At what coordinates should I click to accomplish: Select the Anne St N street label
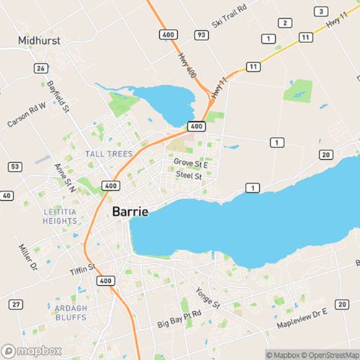click(63, 176)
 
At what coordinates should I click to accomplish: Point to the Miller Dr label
click(26, 257)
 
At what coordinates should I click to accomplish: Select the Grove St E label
click(191, 163)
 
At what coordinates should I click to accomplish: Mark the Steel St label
click(189, 175)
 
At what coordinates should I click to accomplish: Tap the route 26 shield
click(41, 68)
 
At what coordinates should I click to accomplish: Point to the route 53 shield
click(14, 167)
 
